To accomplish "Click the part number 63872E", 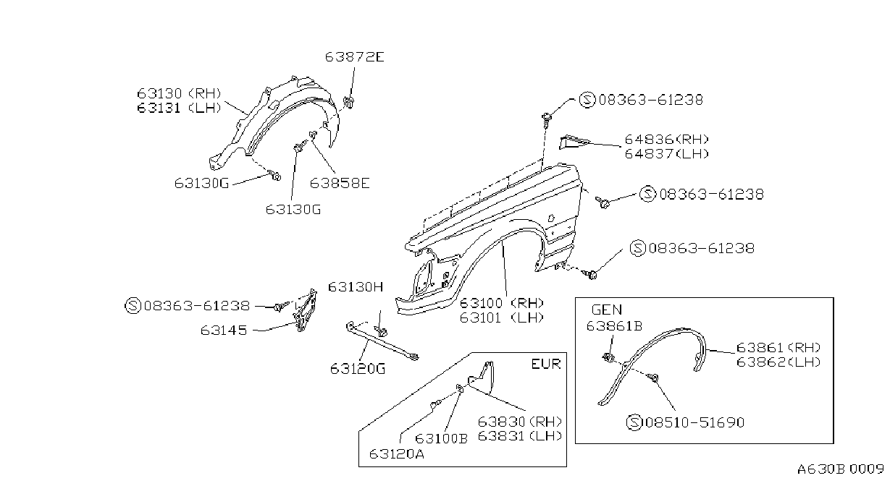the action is coord(354,57).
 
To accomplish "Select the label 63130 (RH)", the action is coord(179,93).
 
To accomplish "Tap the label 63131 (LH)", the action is coord(179,108).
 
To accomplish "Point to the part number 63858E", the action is coord(340,183).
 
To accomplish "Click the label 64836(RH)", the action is coord(667,140).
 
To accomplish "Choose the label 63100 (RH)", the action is coord(501,304).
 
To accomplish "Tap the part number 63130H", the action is coord(356,287).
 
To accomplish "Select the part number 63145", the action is coord(224,331).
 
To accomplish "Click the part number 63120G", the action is coord(358,370).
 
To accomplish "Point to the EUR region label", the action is coord(546,364).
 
